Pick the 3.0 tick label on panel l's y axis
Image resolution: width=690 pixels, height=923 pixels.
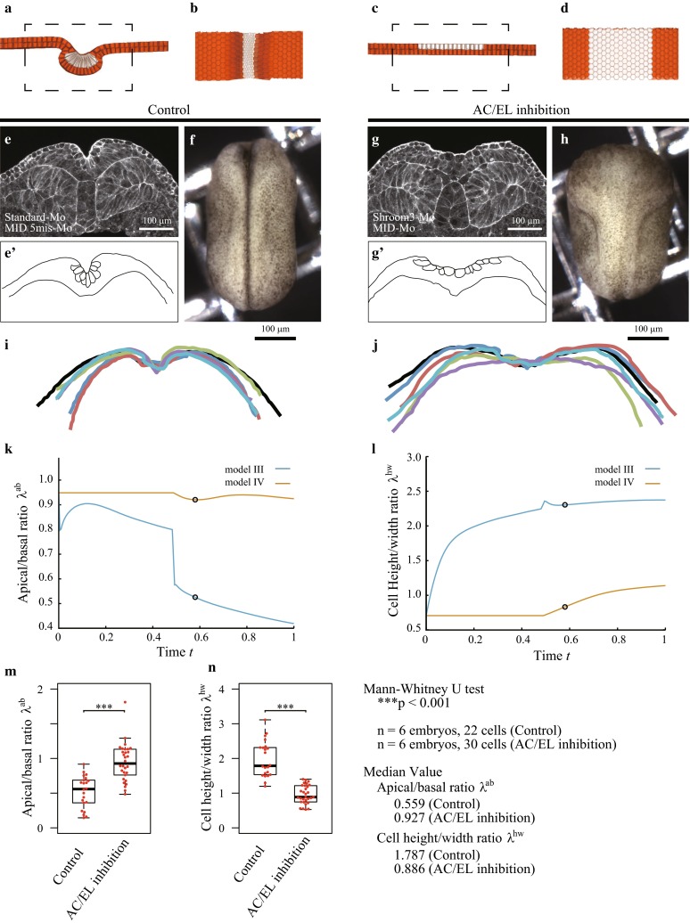pos(409,457)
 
